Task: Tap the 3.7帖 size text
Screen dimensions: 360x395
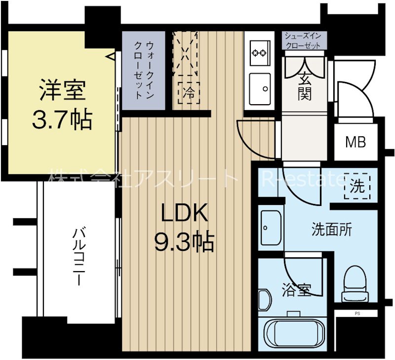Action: [x=62, y=120]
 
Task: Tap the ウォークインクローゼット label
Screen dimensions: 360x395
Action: [x=144, y=70]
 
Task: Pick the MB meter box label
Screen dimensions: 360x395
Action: [x=355, y=143]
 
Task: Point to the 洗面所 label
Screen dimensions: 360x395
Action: [x=332, y=229]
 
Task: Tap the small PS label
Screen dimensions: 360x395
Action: [x=356, y=313]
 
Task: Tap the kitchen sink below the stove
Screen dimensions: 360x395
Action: [x=260, y=89]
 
